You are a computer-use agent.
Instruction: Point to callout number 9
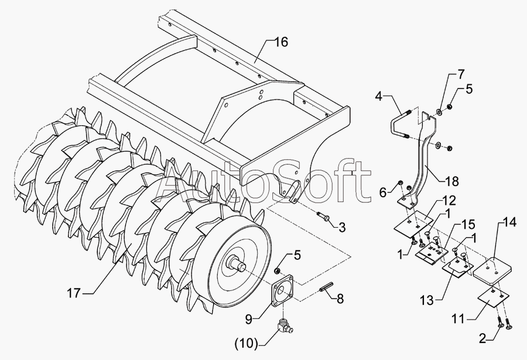point(249,319)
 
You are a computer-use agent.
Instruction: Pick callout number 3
point(342,227)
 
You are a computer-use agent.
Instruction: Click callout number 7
point(461,74)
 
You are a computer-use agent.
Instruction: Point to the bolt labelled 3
point(324,218)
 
